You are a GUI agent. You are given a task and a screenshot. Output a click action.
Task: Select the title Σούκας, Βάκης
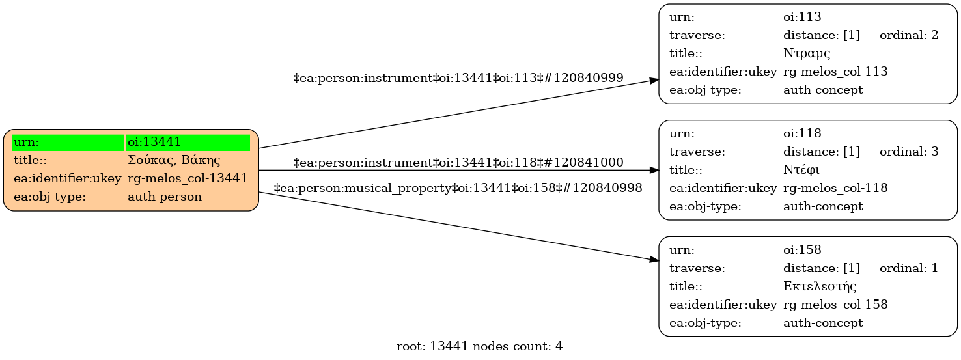[174, 160]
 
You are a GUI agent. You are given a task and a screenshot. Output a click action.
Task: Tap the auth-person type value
[165, 197]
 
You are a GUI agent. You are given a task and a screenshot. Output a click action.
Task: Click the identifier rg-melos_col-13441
[188, 178]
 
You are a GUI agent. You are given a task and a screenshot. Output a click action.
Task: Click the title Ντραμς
[807, 53]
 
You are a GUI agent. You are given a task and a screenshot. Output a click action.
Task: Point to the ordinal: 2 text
[908, 35]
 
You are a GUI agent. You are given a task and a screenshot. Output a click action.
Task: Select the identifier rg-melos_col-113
[835, 72]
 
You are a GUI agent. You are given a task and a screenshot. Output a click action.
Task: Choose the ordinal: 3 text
[908, 152]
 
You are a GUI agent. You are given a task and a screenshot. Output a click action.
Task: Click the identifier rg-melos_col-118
[835, 188]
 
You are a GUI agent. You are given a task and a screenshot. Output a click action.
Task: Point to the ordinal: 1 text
[908, 268]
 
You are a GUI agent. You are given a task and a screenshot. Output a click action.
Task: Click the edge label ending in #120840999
[458, 78]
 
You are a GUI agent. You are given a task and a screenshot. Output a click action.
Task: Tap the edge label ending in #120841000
[458, 163]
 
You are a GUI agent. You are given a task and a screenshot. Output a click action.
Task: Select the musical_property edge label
[458, 188]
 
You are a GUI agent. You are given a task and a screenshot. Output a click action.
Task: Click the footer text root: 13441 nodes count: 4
[479, 346]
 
